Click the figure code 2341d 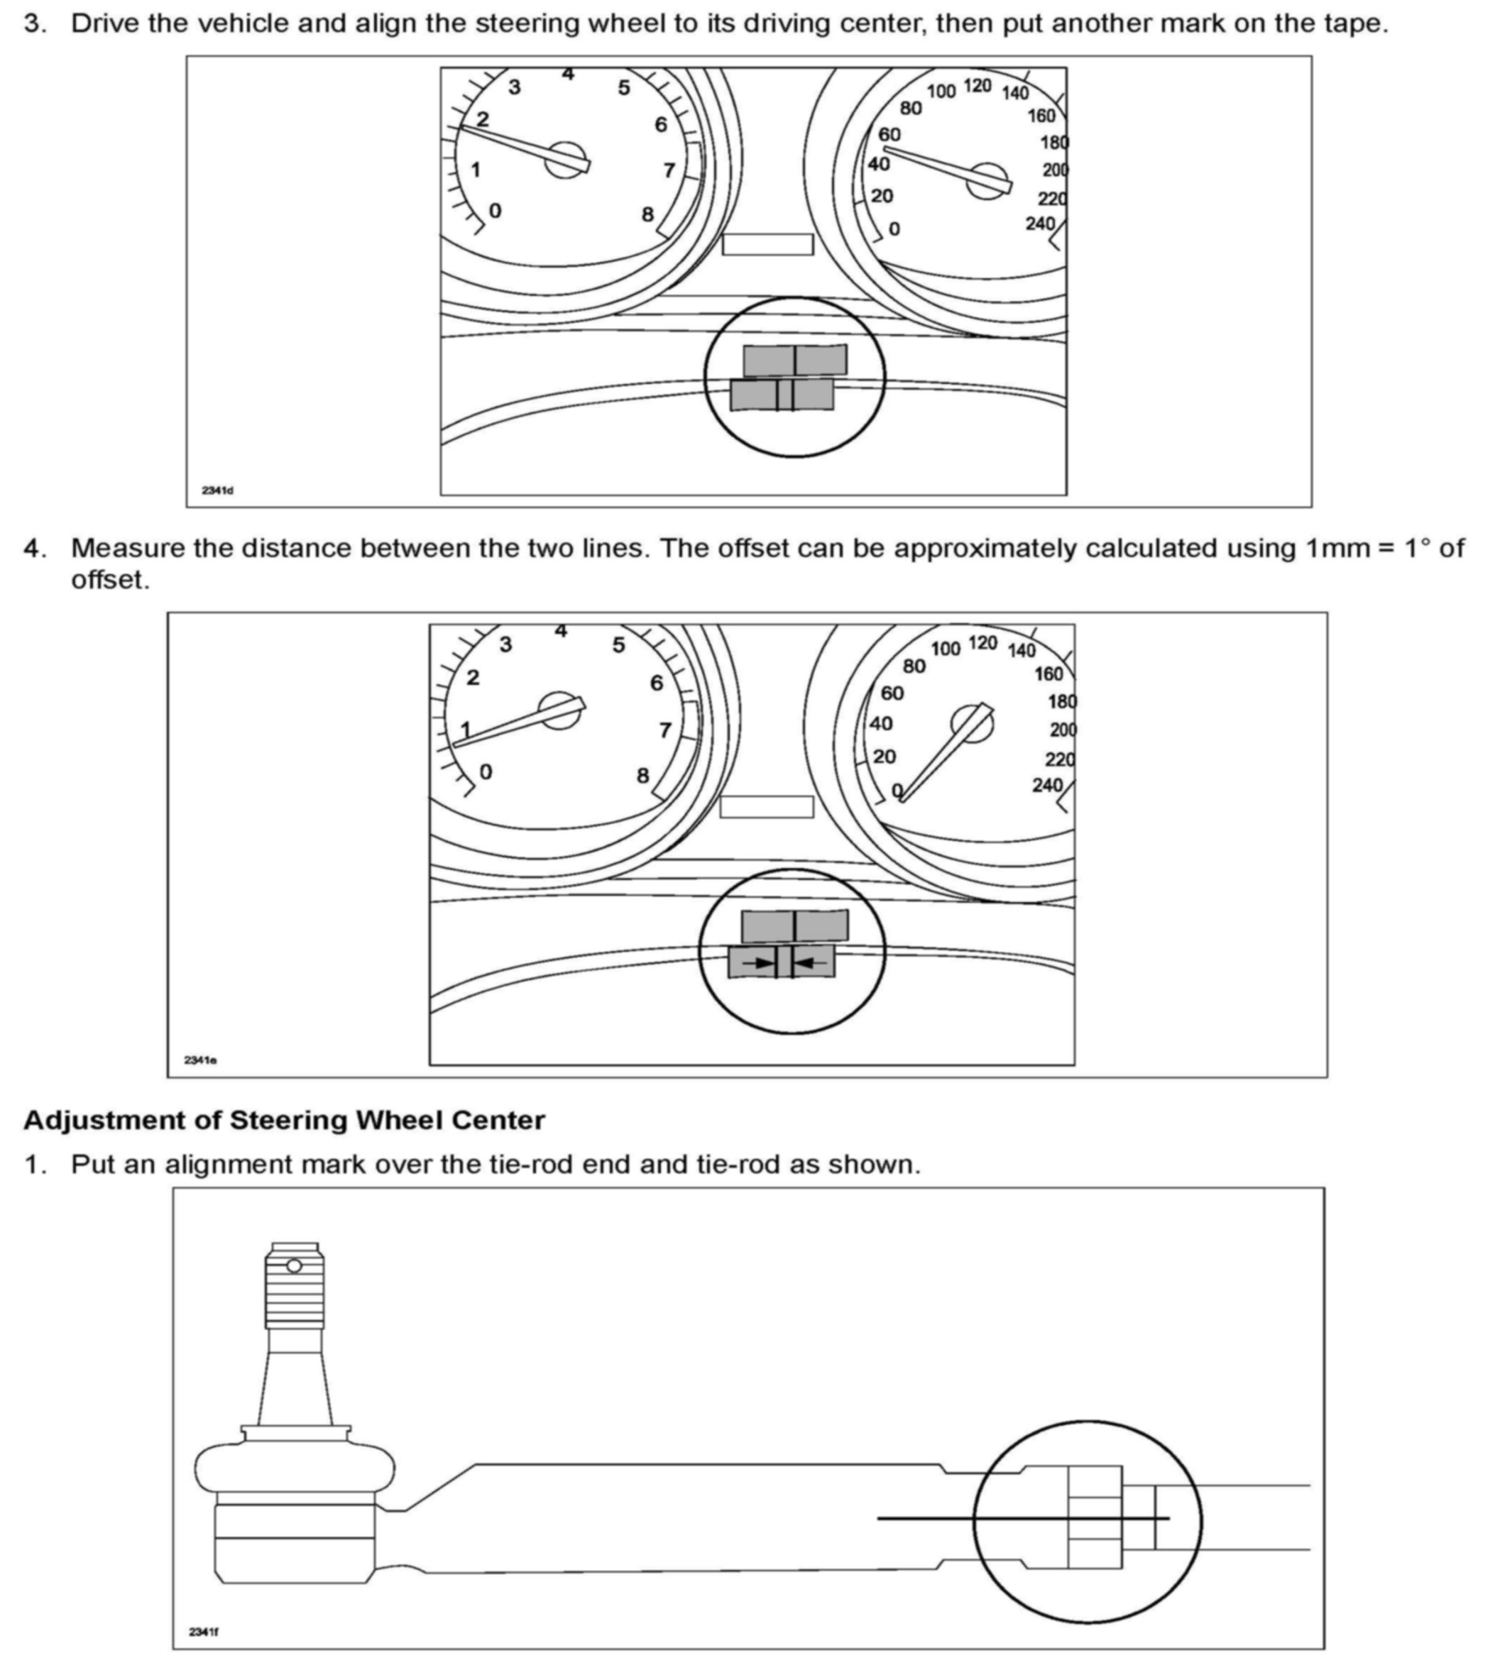218,491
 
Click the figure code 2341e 200,1060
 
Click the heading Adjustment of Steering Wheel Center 285,1121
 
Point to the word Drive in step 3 104,23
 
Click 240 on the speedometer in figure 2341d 1040,224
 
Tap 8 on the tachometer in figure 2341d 648,214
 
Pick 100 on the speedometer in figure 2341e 946,649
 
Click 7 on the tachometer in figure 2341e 665,730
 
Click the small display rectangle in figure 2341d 767,245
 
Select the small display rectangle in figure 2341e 767,806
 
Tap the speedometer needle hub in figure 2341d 987,180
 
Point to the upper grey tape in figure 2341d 794,360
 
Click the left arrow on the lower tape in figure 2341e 757,962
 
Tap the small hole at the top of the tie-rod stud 294,1265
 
